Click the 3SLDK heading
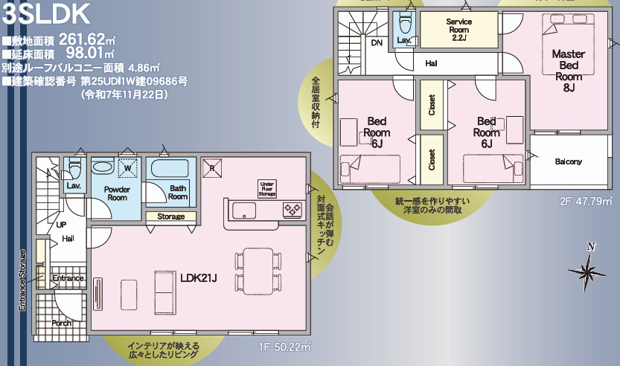coord(46,14)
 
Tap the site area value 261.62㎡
coord(87,39)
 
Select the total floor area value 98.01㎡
coord(90,53)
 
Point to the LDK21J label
coord(199,278)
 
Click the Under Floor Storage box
coord(267,190)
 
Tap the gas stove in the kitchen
coord(293,210)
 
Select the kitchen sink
coord(244,211)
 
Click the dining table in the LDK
coord(258,271)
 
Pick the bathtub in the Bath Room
coord(170,169)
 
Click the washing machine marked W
coord(128,168)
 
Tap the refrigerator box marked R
coord(212,168)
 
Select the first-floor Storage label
coord(171,216)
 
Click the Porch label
coord(62,323)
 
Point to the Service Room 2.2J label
coord(459,30)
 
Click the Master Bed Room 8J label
coord(569,71)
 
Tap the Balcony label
coord(568,161)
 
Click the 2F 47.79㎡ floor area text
coord(586,202)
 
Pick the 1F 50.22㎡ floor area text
coord(284,347)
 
